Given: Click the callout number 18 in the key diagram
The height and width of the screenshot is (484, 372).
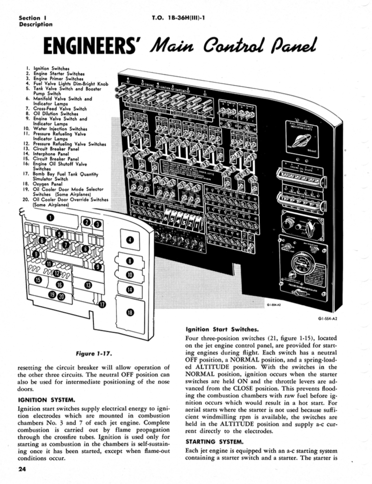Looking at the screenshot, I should point(130,312).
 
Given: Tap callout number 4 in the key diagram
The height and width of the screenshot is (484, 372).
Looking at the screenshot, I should point(130,240).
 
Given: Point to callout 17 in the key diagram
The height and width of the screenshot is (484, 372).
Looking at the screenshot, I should point(101,304).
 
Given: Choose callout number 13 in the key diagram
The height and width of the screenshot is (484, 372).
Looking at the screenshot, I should point(88,285).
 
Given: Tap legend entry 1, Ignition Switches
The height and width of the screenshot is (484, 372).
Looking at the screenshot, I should point(51,68).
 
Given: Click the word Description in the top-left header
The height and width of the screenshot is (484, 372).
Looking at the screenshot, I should point(35,25).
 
